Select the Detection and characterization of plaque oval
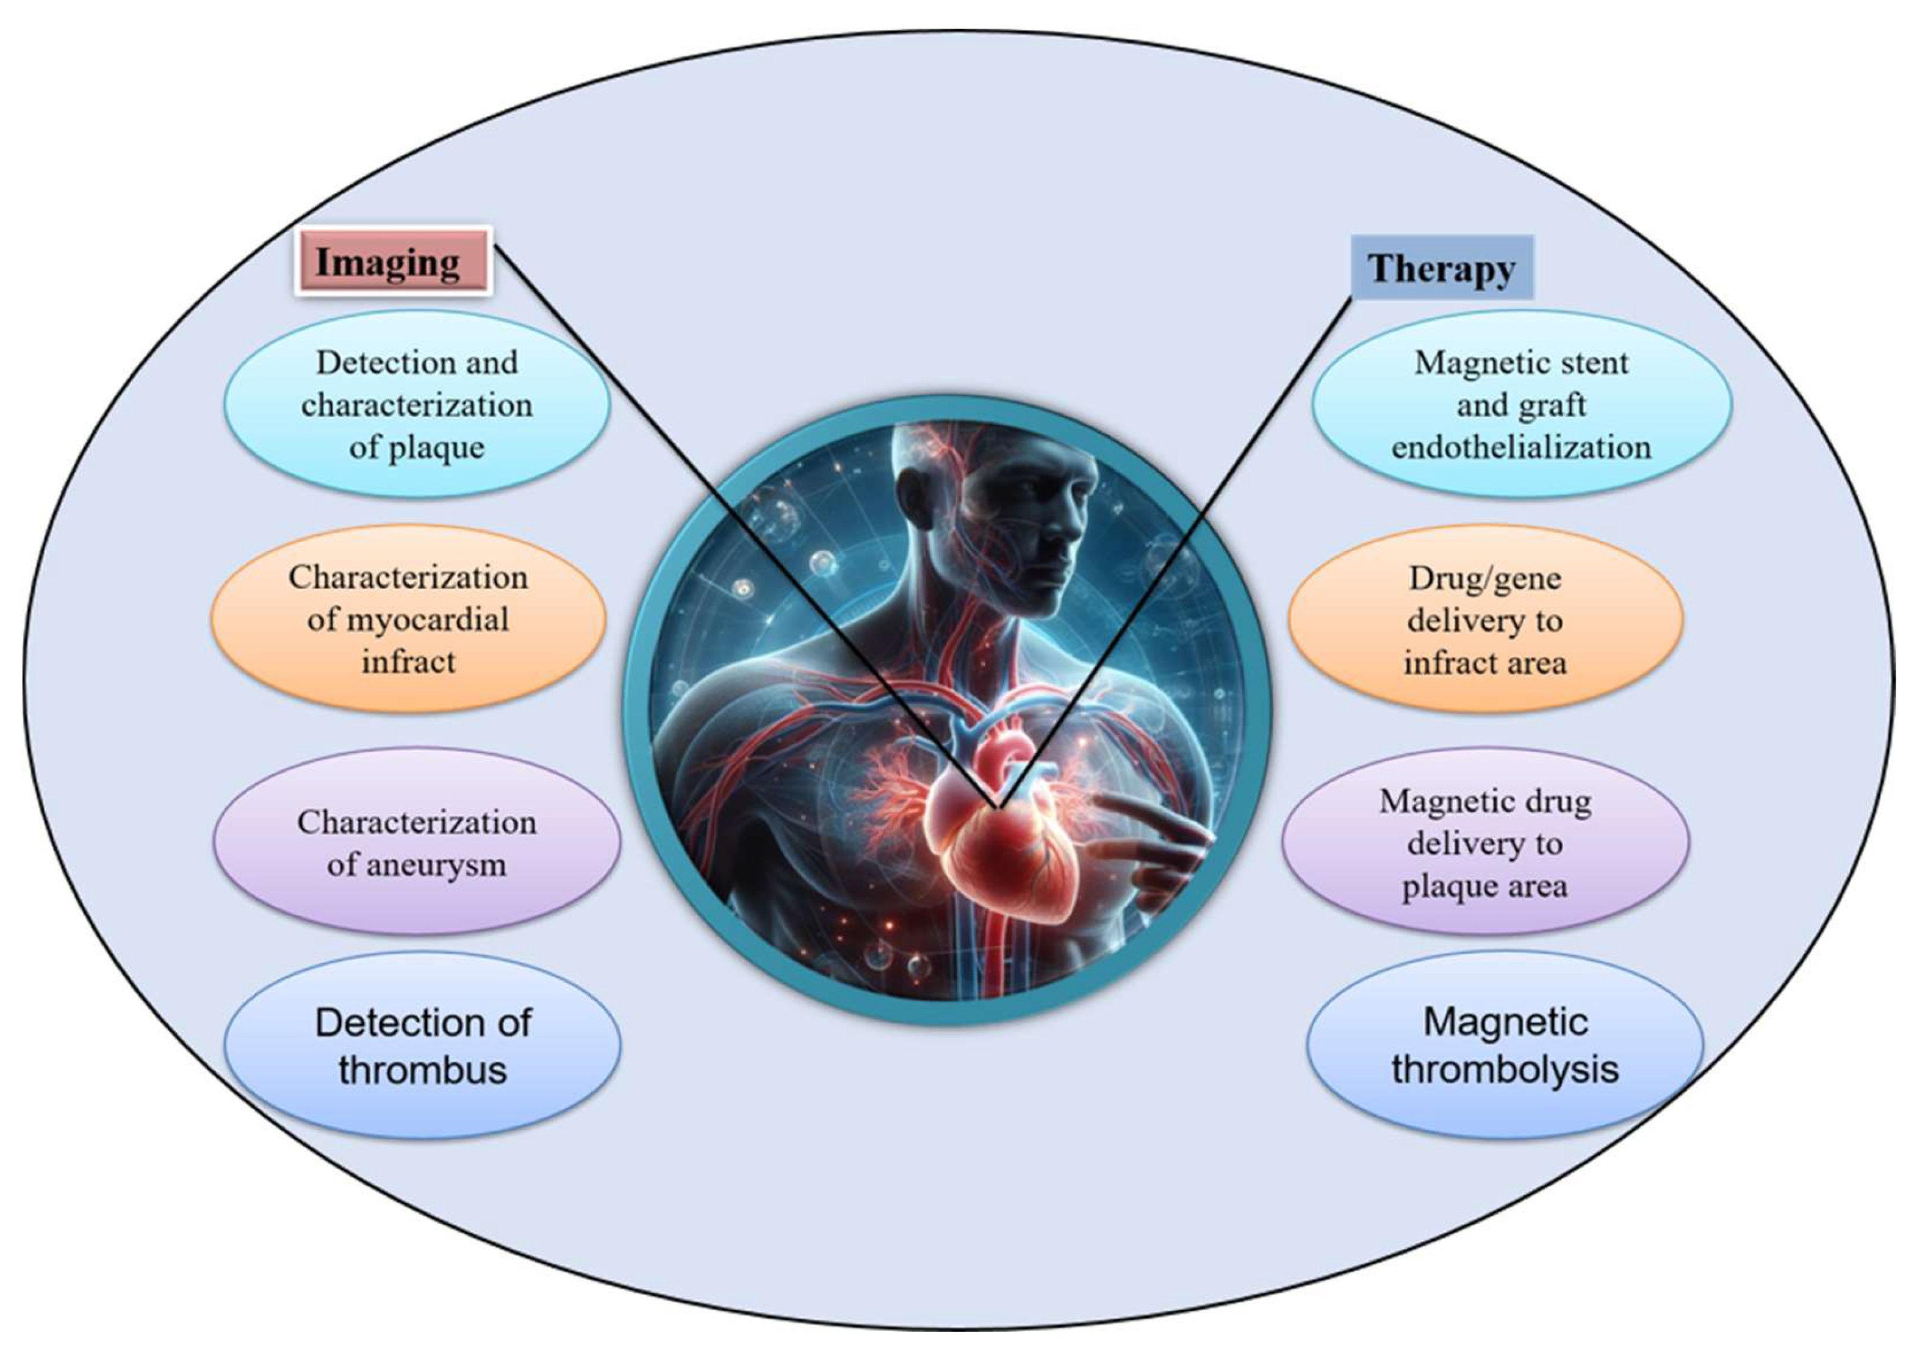click(x=417, y=405)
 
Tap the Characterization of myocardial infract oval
click(x=408, y=619)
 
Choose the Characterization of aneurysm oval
click(x=417, y=842)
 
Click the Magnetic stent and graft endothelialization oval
click(x=1521, y=405)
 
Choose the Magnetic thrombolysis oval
click(x=1505, y=1045)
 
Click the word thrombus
click(x=423, y=1070)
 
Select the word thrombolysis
click(x=1505, y=1069)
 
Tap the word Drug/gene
click(x=1484, y=578)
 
